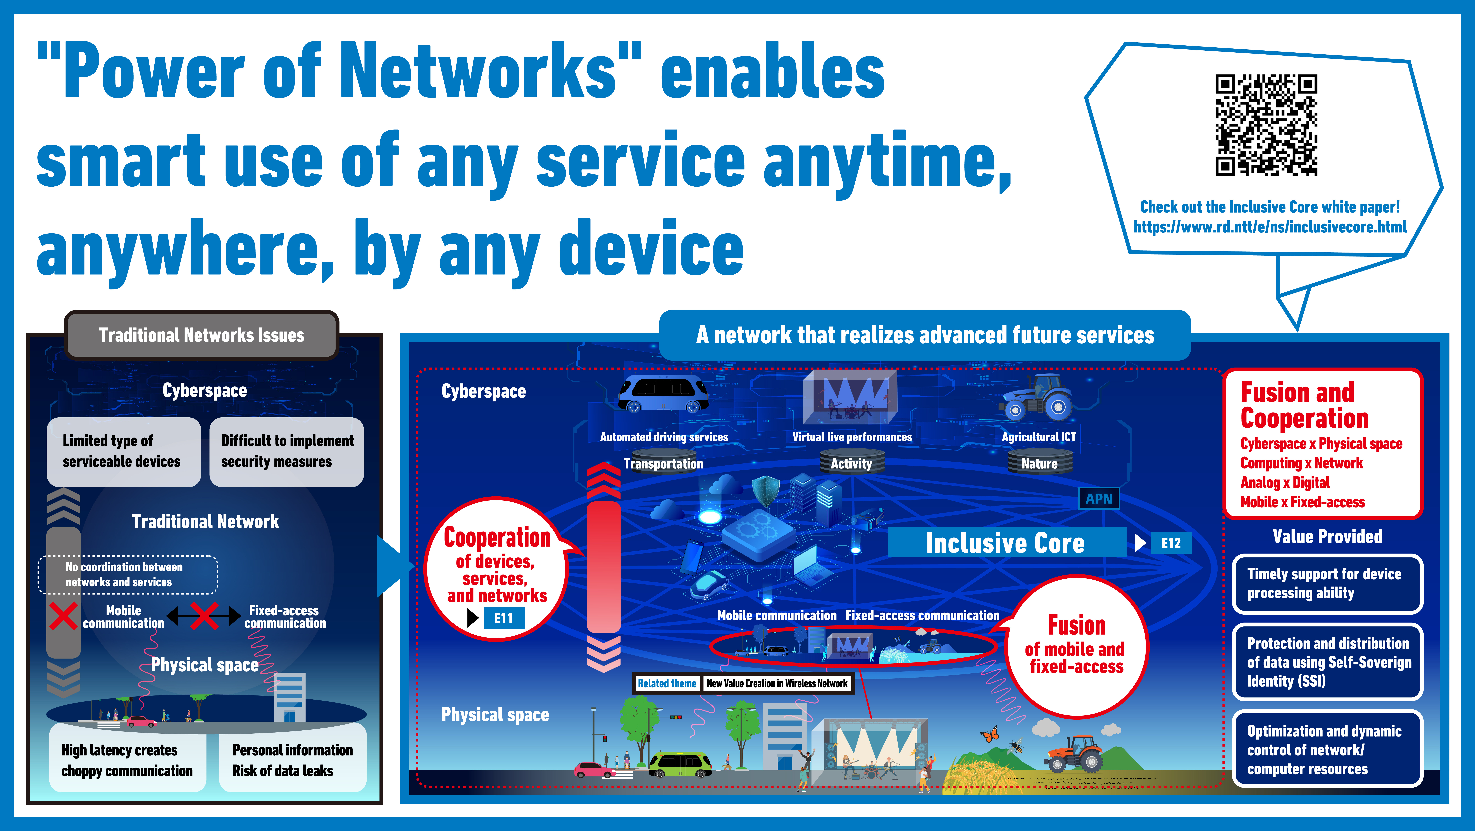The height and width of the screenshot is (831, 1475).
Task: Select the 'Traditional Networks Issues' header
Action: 202,335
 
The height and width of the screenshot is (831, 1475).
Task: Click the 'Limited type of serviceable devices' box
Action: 124,452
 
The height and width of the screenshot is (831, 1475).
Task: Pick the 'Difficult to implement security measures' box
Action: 287,452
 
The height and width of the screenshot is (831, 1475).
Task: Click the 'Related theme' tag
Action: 667,683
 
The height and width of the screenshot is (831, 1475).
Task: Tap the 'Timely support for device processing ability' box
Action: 1327,584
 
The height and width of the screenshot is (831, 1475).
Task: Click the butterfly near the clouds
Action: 989,733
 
